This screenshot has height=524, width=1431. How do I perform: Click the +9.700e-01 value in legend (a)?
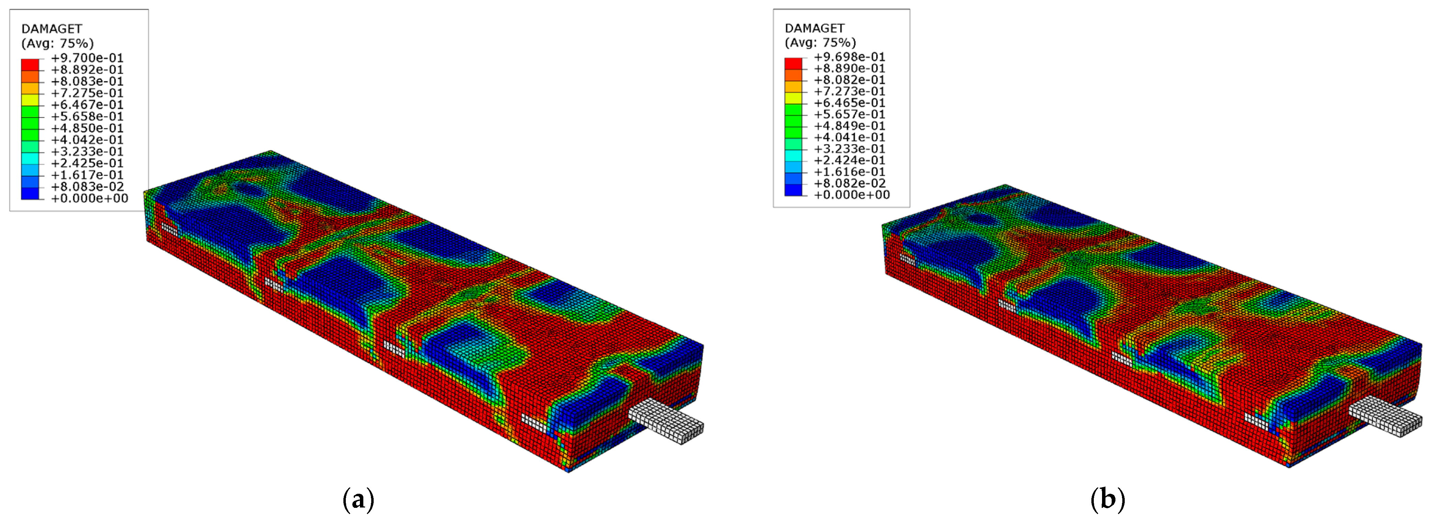point(87,58)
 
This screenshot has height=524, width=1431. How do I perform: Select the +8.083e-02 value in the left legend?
point(87,187)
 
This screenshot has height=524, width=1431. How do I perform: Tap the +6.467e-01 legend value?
point(87,104)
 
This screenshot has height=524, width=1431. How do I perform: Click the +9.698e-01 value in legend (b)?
point(849,57)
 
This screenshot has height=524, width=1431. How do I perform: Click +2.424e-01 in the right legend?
point(849,160)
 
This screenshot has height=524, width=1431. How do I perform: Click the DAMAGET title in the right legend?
point(814,28)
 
